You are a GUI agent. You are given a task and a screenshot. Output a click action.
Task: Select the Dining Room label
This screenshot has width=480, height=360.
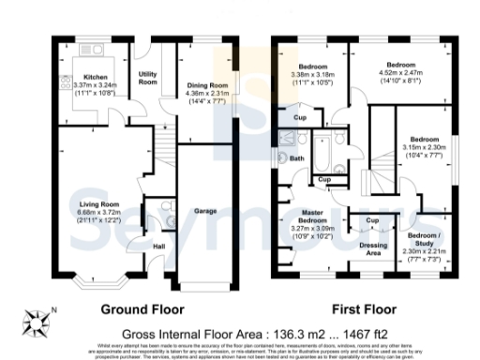[x=203, y=83]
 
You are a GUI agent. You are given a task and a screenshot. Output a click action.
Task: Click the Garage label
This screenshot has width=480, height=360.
[x=206, y=212]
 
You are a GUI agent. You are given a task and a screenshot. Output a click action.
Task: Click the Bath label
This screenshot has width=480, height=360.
[x=297, y=158]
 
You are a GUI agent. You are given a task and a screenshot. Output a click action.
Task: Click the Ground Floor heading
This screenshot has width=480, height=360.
[x=142, y=308]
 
